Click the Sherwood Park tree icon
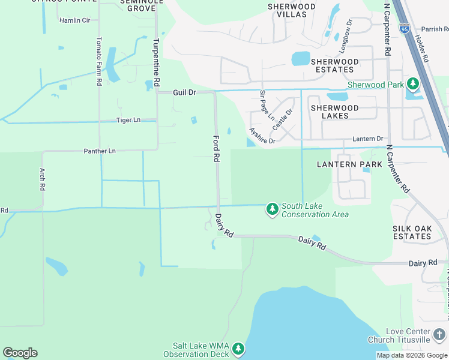tap(412, 83)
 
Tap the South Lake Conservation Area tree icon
tap(273, 208)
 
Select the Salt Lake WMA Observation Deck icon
tap(238, 349)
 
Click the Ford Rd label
tap(215, 149)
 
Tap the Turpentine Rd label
tap(156, 61)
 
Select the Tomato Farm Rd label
tap(99, 61)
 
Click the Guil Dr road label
tap(184, 93)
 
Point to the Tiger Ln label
tap(128, 121)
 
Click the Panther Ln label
tap(100, 151)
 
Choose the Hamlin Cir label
tap(74, 20)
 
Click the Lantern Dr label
tap(367, 139)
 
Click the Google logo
tap(20, 353)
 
